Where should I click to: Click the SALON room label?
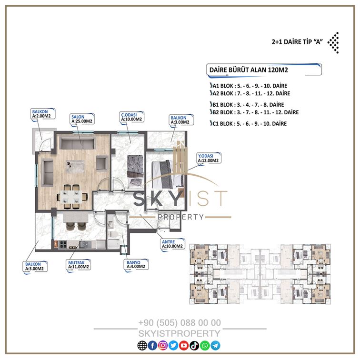(82, 119)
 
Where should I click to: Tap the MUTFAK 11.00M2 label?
(78, 265)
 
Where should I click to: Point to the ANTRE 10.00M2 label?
(172, 244)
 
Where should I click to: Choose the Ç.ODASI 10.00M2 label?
(131, 117)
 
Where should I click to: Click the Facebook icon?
(152, 345)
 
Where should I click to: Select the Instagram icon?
(163, 345)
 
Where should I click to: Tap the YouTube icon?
(184, 345)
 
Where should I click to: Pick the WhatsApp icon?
(205, 345)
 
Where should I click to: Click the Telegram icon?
(215, 345)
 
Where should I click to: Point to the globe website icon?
(142, 345)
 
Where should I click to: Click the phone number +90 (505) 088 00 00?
(180, 322)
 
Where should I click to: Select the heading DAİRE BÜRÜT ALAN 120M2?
(249, 70)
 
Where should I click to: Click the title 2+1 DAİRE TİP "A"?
(297, 42)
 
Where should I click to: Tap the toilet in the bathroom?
(113, 234)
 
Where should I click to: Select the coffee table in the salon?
(75, 166)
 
